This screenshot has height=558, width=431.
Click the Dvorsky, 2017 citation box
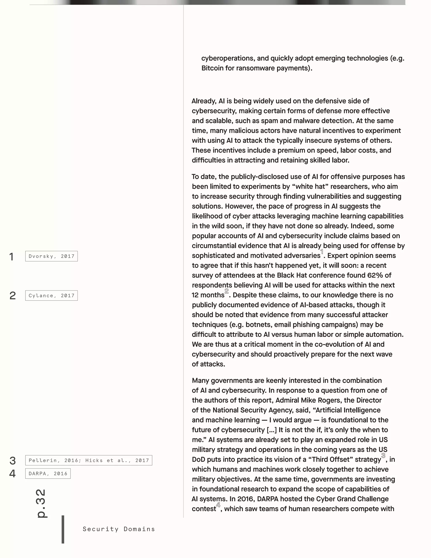[x=51, y=256]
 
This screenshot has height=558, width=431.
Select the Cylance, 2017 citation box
[x=51, y=296]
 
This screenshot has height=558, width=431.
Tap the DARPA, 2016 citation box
[x=48, y=473]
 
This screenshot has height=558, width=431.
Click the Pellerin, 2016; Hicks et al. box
[x=89, y=460]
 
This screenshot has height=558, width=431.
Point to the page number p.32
[x=41, y=503]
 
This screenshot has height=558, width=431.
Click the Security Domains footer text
[x=119, y=529]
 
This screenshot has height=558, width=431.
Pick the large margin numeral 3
[x=12, y=461]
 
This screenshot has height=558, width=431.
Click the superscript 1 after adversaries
[x=322, y=252]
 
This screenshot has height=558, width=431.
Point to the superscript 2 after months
[x=226, y=291]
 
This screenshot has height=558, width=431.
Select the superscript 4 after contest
[x=218, y=505]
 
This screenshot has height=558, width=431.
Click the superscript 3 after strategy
[x=383, y=455]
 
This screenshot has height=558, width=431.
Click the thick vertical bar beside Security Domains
[x=63, y=529]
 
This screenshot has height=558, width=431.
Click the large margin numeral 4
[x=12, y=474]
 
